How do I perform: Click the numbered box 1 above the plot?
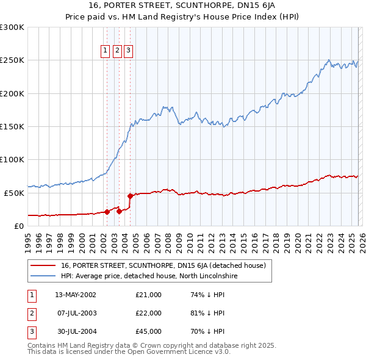pyautogui.click(x=106, y=51)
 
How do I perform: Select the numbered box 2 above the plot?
pyautogui.click(x=117, y=51)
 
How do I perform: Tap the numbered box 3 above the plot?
pyautogui.click(x=129, y=51)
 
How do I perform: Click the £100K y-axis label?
pyautogui.click(x=12, y=159)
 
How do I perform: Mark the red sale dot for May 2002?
pyautogui.click(x=107, y=212)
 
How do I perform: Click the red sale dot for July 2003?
pyautogui.click(x=119, y=211)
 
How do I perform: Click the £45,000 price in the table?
pyautogui.click(x=149, y=331)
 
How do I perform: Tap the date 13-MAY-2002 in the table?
pyautogui.click(x=76, y=295)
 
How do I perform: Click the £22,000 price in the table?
pyautogui.click(x=149, y=313)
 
